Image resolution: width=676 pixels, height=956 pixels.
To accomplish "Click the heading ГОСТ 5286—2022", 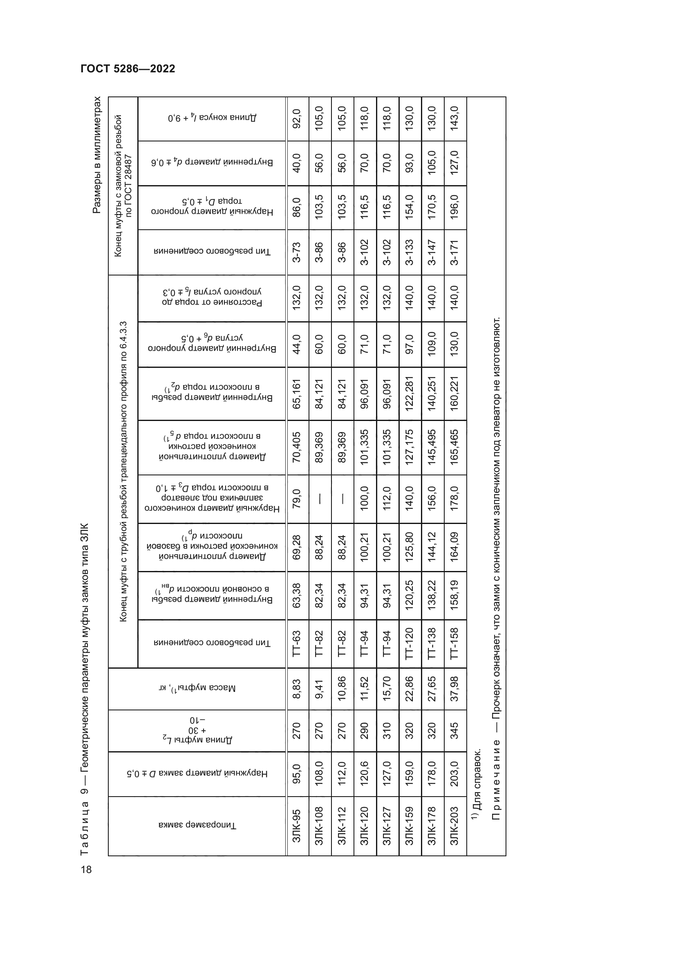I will pyautogui.click(x=128, y=69).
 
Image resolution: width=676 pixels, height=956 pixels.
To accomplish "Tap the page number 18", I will pyautogui.click(x=86, y=869).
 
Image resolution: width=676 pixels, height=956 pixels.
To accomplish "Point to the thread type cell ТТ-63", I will pyautogui.click(x=297, y=644).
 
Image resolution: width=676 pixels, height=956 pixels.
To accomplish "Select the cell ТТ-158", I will pyautogui.click(x=454, y=644).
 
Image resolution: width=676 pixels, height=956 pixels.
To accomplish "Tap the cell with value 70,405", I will pyautogui.click(x=297, y=447).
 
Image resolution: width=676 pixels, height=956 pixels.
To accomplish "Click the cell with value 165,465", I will pyautogui.click(x=454, y=447).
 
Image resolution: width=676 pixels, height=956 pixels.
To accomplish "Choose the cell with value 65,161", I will pyautogui.click(x=297, y=394).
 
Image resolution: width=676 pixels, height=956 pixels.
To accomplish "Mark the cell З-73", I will pyautogui.click(x=297, y=252).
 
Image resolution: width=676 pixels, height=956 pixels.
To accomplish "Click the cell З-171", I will pyautogui.click(x=454, y=252).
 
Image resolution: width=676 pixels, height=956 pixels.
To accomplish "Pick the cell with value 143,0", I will pyautogui.click(x=454, y=119).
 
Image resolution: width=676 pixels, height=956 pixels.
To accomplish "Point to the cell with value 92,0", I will pyautogui.click(x=297, y=119).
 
